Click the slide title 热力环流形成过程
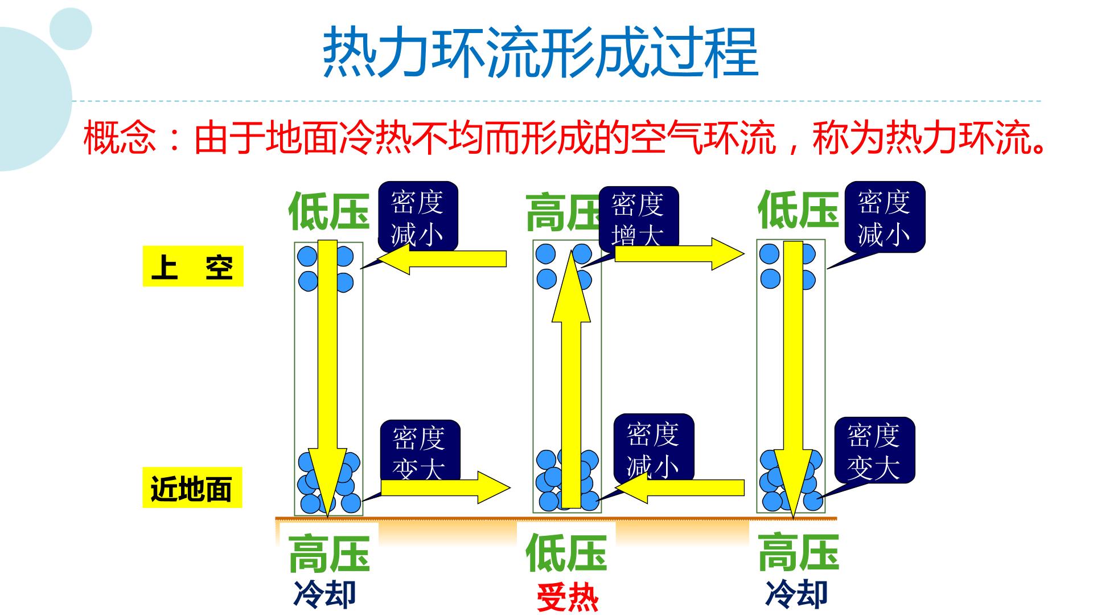coord(540,52)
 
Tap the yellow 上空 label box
coord(193,266)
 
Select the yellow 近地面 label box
coord(192,487)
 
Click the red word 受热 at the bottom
coord(567,597)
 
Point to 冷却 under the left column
coord(325,593)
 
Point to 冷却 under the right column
coord(796,593)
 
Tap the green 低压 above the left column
coord(329,210)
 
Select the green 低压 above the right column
coord(798,210)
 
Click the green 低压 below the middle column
coord(566,553)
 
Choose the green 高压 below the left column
coord(329,553)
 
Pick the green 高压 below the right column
coord(798,553)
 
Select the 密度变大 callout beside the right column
coord(875,450)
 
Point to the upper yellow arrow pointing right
coord(680,253)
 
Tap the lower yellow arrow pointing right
coord(446,487)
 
